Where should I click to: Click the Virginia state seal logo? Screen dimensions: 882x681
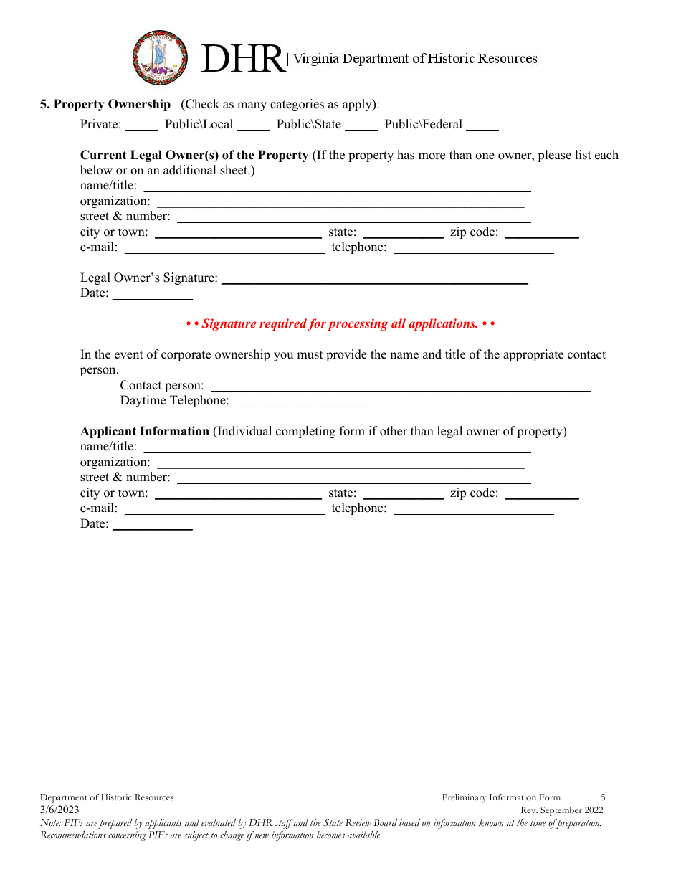[160, 58]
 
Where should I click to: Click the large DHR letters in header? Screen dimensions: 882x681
[242, 59]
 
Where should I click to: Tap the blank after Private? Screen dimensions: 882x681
[141, 125]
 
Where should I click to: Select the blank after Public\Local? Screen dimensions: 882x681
[253, 125]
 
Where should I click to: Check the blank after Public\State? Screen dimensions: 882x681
[361, 125]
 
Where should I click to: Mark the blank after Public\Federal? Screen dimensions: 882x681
[482, 125]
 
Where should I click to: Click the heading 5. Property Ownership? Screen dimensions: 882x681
[105, 104]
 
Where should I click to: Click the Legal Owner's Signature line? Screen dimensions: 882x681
[374, 279]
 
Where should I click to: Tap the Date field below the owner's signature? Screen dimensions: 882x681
[153, 294]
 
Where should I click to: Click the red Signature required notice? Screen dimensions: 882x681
[340, 324]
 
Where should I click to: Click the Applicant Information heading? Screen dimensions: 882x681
[145, 431]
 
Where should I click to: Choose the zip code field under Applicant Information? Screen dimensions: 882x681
[546, 494]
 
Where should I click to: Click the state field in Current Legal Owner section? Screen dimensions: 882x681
[404, 233]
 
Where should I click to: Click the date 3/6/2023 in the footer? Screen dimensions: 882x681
[59, 810]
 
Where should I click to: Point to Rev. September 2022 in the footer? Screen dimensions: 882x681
[561, 810]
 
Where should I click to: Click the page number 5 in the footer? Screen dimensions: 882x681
[603, 797]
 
